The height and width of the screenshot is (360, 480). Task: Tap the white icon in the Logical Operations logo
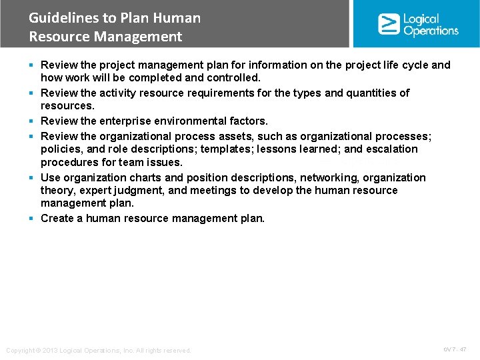point(389,24)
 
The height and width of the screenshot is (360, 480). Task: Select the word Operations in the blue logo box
point(431,31)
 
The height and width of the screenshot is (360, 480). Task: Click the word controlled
point(234,78)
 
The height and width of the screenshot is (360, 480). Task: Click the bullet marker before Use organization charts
point(31,178)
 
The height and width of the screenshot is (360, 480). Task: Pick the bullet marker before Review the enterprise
point(31,121)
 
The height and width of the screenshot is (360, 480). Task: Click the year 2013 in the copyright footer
point(53,350)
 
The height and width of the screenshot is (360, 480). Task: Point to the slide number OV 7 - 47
point(455,349)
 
